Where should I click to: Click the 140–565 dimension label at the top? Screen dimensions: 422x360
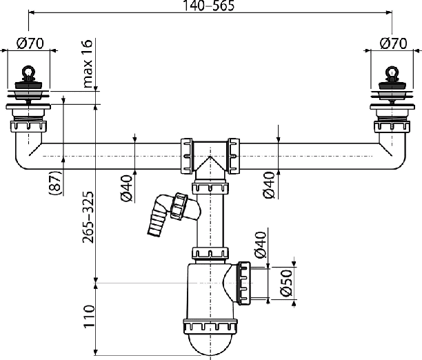click(x=208, y=6)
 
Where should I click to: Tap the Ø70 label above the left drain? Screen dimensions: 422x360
click(x=30, y=43)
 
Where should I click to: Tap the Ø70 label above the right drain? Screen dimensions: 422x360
click(x=393, y=43)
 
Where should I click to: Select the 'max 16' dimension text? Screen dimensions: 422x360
click(x=88, y=63)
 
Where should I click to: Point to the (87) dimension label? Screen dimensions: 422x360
click(x=55, y=183)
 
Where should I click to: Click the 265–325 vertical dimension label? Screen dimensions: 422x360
click(x=88, y=217)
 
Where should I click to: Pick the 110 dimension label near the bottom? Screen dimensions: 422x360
click(x=89, y=317)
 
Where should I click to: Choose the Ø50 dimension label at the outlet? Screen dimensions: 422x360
click(x=286, y=283)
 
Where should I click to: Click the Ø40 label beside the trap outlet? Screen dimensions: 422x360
click(x=261, y=245)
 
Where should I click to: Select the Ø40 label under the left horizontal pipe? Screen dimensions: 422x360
click(x=126, y=188)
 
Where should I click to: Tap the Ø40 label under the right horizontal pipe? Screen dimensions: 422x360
click(x=270, y=186)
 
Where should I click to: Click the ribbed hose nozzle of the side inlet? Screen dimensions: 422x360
click(x=156, y=221)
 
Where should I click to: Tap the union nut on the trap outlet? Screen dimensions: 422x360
click(x=245, y=283)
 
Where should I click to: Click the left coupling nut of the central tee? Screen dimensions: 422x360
click(x=186, y=156)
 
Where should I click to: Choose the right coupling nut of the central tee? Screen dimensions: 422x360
click(x=233, y=156)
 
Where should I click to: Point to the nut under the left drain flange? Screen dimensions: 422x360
click(x=28, y=126)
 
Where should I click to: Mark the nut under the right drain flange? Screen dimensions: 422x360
click(x=392, y=127)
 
